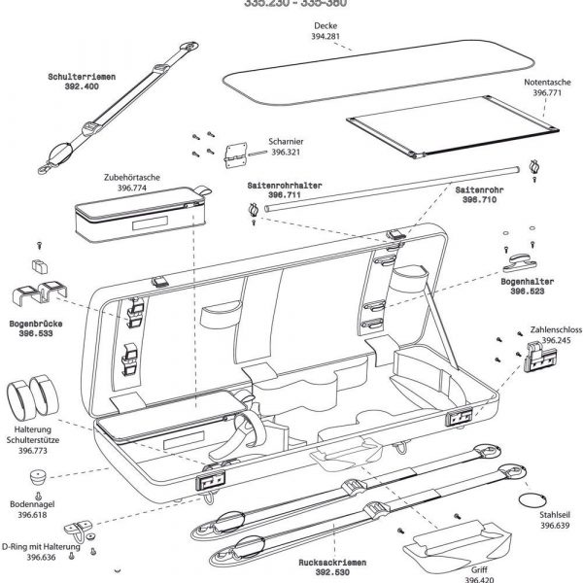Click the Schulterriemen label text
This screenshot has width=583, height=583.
(x=81, y=75)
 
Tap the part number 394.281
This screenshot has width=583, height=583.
(x=326, y=37)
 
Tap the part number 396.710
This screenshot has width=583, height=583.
(x=477, y=199)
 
